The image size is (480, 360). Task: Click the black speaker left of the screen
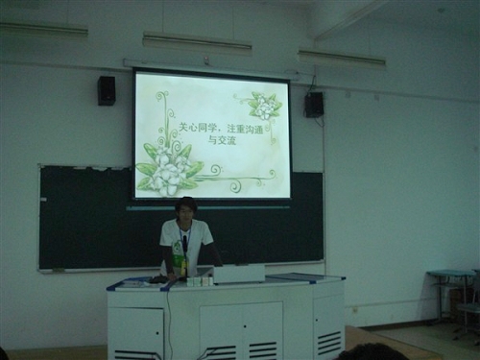[x=107, y=91]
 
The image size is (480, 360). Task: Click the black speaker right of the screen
[x=314, y=105]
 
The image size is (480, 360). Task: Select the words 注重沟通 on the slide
[x=246, y=129]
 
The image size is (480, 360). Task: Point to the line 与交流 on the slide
[x=223, y=140]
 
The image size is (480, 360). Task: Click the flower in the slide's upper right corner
[x=264, y=105]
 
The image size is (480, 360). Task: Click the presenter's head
[x=185, y=209]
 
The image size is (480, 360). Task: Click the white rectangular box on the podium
[x=239, y=275]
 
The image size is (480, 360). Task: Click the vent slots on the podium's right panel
[x=329, y=340]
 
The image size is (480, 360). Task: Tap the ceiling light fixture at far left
[x=44, y=29]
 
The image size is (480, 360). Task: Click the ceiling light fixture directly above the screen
[x=197, y=41]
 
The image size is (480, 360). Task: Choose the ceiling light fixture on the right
[x=342, y=57]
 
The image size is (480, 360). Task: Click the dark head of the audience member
[x=372, y=352]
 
